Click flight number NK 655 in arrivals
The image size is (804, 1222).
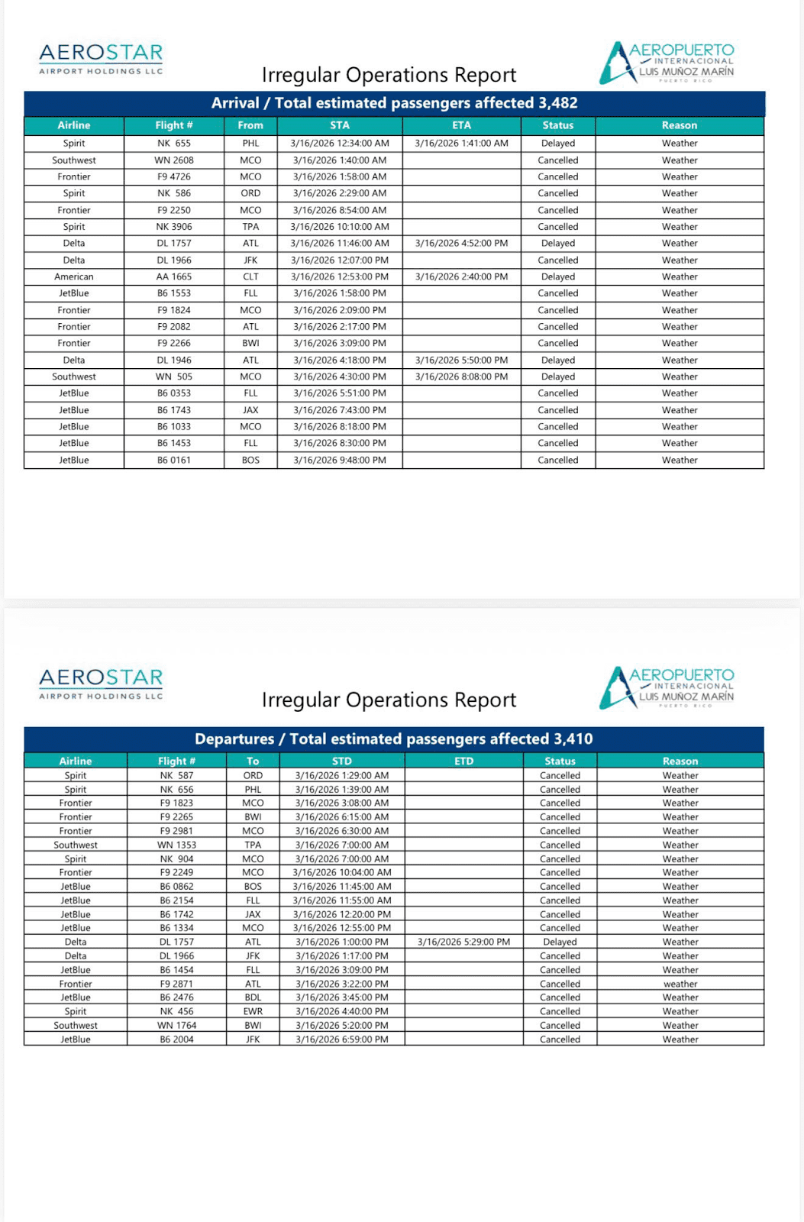(x=173, y=143)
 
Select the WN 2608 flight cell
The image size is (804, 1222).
(x=173, y=160)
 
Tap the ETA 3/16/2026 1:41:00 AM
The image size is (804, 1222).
(x=461, y=143)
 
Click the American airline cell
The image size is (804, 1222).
(x=74, y=276)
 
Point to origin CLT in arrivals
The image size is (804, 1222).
(x=250, y=276)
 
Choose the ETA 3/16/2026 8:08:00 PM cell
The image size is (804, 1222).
(x=461, y=377)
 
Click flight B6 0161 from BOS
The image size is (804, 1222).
(x=173, y=460)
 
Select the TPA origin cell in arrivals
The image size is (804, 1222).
(x=250, y=227)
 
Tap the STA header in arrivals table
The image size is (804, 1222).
(x=340, y=125)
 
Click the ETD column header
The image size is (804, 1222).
(x=463, y=761)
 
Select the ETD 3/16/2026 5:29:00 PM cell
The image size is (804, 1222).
(x=463, y=942)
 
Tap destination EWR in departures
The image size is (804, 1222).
(x=253, y=1011)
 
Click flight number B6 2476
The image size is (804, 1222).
(x=176, y=997)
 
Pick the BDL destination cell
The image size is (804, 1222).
(x=253, y=997)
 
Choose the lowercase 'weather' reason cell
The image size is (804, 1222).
(x=680, y=984)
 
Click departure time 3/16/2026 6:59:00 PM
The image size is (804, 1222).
(x=341, y=1039)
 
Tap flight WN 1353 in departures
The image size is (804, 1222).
(x=176, y=845)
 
